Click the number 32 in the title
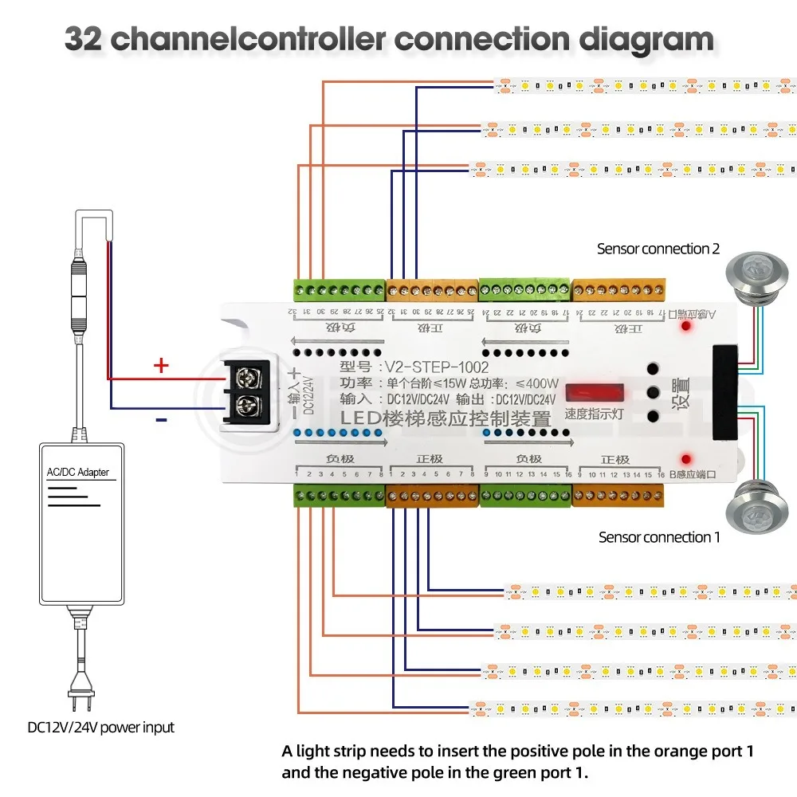[83, 37]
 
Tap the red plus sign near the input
[161, 366]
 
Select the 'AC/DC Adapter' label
[77, 472]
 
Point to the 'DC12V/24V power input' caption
[100, 727]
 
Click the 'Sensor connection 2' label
[658, 249]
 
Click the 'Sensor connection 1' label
[659, 537]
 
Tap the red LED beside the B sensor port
[685, 457]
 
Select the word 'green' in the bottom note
[487, 771]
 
